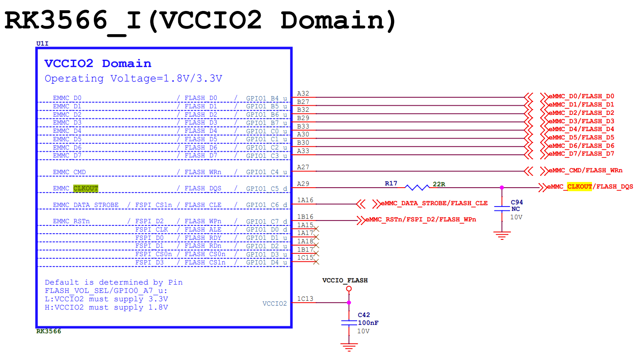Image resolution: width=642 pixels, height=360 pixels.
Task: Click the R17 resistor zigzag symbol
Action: (x=417, y=188)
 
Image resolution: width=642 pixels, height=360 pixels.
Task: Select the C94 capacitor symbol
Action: (x=502, y=208)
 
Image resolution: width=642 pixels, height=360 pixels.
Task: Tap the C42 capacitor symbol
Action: (x=349, y=322)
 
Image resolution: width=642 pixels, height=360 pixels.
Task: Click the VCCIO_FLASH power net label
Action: (x=345, y=280)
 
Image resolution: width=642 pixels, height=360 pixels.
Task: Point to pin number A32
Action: (x=303, y=94)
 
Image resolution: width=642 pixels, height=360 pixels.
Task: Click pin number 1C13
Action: (x=305, y=299)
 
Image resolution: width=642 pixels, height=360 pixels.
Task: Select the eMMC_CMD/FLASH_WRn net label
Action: (x=585, y=171)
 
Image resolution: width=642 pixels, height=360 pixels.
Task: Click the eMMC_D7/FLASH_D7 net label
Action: (x=581, y=154)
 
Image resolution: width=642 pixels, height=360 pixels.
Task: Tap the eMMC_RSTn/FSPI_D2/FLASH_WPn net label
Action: (x=421, y=220)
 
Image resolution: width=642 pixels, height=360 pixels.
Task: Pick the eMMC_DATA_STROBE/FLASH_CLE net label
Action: (x=434, y=203)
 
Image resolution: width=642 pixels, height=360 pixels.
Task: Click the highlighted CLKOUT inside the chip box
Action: (x=86, y=188)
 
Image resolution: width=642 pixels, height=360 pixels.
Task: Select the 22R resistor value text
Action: (x=439, y=184)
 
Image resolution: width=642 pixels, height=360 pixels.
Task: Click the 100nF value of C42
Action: (x=368, y=323)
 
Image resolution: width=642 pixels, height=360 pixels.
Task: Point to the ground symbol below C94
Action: (x=502, y=235)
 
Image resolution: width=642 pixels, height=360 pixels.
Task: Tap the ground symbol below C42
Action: (x=349, y=347)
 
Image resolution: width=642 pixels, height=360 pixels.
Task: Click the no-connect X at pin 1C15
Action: (x=316, y=262)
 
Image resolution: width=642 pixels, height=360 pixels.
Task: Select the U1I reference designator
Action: (x=43, y=43)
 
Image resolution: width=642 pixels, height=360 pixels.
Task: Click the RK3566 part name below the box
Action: (x=49, y=331)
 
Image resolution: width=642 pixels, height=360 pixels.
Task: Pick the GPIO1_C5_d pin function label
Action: (x=266, y=189)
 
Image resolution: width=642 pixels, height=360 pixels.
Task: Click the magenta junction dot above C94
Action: (x=502, y=188)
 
